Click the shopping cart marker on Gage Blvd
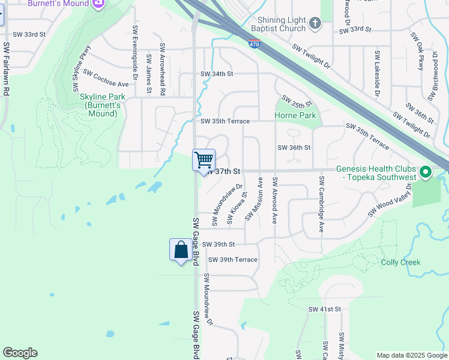click(204, 160)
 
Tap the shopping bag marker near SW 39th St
click(181, 250)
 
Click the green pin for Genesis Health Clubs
click(426, 173)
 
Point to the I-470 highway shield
click(254, 43)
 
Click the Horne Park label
click(295, 115)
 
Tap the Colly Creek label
click(401, 262)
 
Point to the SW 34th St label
click(216, 74)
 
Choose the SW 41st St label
click(324, 309)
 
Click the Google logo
click(20, 353)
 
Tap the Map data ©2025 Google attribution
click(411, 355)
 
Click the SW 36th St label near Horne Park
click(294, 148)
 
